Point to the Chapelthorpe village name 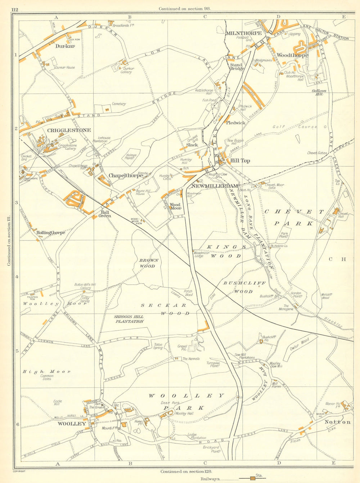click(126, 176)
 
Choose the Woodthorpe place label click(292, 55)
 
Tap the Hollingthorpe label click(51, 233)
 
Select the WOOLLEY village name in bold click(72, 424)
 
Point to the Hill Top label click(240, 161)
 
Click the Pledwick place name click(235, 122)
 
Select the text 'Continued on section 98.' click(184, 9)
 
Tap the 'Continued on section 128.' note click(186, 471)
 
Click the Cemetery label click(119, 104)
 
